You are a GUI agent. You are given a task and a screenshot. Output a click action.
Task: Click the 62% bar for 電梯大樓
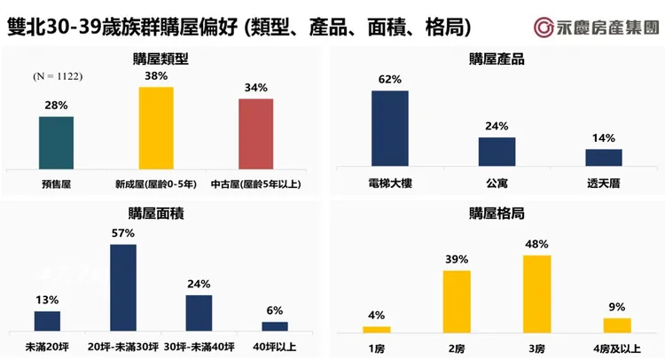pyautogui.click(x=389, y=129)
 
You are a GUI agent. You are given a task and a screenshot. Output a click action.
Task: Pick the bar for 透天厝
pyautogui.click(x=604, y=157)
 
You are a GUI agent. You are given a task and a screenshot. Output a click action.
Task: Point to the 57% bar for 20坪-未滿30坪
pyautogui.click(x=123, y=287)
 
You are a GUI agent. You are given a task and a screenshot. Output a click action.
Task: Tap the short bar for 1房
pyautogui.click(x=377, y=329)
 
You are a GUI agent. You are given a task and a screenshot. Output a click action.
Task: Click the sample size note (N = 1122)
pyautogui.click(x=58, y=77)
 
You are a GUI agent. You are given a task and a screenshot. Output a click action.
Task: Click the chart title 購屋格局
pyautogui.click(x=497, y=213)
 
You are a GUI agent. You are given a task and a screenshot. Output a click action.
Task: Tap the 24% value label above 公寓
pyautogui.click(x=497, y=126)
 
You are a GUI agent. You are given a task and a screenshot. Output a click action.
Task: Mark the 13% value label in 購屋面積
pyautogui.click(x=47, y=299)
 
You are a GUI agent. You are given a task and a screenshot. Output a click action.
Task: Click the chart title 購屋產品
pyautogui.click(x=497, y=59)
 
